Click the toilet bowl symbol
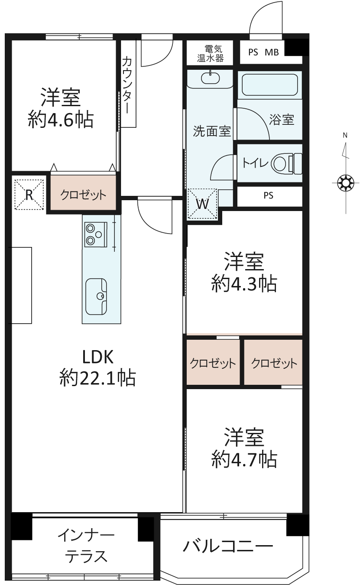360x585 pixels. tap(287, 163)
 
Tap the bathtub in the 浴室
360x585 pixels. tap(269, 85)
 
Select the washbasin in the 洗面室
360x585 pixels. tap(210, 78)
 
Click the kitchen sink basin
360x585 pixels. tap(96, 296)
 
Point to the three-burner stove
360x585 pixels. tap(96, 234)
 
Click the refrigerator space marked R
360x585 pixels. tap(29, 194)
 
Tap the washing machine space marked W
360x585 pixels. tap(203, 203)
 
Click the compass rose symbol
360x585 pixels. tap(346, 182)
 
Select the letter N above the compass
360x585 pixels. tap(345, 135)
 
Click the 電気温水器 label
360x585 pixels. tap(211, 53)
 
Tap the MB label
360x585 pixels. tap(272, 52)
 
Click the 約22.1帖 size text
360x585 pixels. tap(97, 377)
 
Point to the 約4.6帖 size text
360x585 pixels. tap(61, 120)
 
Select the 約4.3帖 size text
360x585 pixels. tap(244, 284)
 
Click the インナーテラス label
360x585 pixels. tap(86, 546)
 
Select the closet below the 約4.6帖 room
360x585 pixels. tap(83, 192)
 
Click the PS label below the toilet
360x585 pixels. tap(268, 195)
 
